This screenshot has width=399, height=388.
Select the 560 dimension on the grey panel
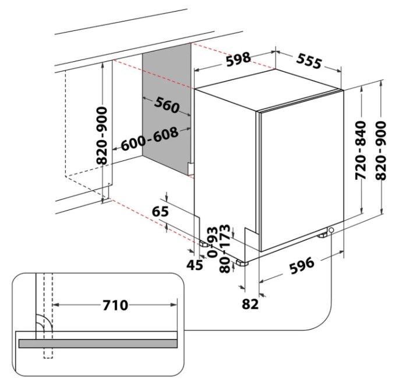[167, 106]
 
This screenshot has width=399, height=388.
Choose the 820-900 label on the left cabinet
[103, 136]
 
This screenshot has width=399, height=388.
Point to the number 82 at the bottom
[250, 303]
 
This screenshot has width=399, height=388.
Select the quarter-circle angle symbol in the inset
[42, 324]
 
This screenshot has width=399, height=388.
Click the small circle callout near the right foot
[331, 231]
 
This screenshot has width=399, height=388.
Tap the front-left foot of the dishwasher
[241, 262]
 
